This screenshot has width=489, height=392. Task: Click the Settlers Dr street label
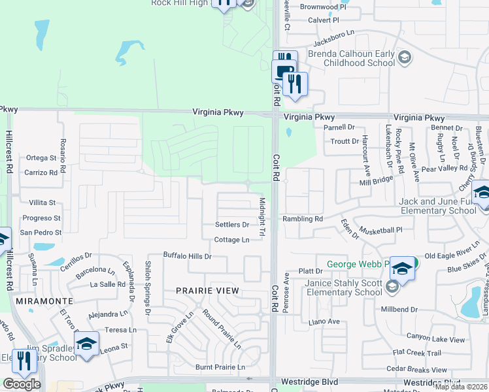click(232, 225)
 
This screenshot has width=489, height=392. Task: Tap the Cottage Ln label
click(232, 240)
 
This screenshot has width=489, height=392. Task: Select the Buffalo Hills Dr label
click(187, 256)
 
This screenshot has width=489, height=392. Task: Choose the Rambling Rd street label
click(303, 219)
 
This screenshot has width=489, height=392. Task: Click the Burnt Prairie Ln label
click(220, 367)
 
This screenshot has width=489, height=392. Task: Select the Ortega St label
click(41, 157)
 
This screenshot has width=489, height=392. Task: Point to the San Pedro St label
click(41, 232)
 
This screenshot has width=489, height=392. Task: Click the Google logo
click(22, 384)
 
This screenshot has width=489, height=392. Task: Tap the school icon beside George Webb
click(403, 269)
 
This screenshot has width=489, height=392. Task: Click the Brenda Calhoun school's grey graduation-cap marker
click(405, 59)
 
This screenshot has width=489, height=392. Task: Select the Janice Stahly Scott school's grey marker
click(392, 286)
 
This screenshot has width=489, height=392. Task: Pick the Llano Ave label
click(324, 321)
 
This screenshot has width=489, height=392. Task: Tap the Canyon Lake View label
click(435, 340)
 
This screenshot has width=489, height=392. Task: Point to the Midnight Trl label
click(262, 217)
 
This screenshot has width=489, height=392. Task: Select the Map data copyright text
click(461, 387)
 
